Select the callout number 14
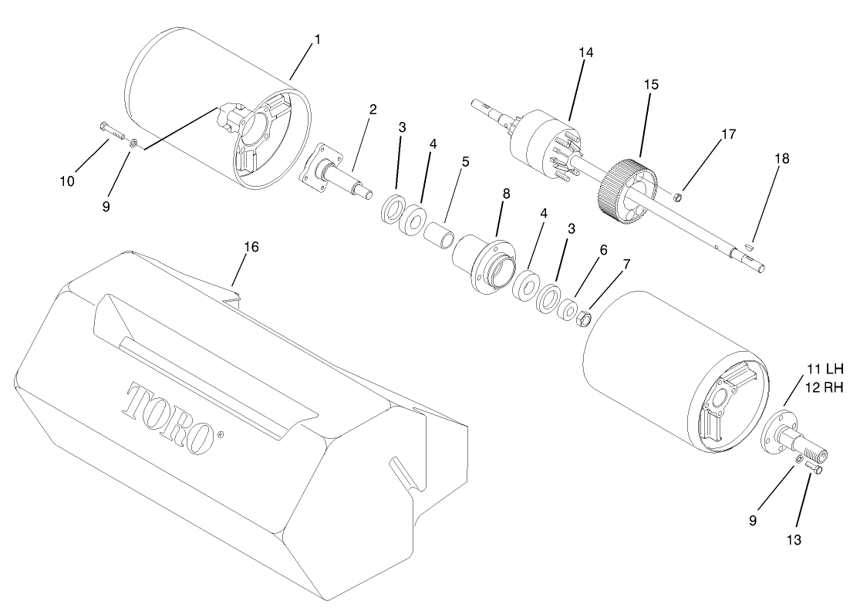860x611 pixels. click(586, 52)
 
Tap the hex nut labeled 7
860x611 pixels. click(585, 318)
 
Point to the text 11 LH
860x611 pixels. click(825, 369)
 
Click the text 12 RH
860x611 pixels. click(825, 387)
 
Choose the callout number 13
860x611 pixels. click(794, 540)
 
